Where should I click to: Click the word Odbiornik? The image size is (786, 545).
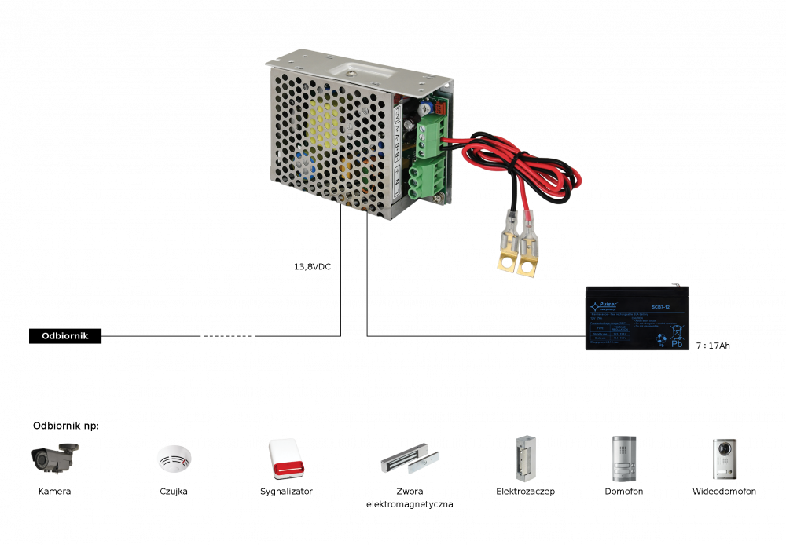pyautogui.click(x=64, y=336)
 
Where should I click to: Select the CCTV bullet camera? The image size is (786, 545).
pyautogui.click(x=54, y=457)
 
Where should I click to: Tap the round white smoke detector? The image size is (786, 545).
pyautogui.click(x=174, y=458)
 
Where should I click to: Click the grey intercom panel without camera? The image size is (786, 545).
pyautogui.click(x=623, y=459)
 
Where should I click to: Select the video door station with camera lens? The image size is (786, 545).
pyautogui.click(x=725, y=459)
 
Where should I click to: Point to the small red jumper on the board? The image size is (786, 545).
pyautogui.click(x=441, y=107)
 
